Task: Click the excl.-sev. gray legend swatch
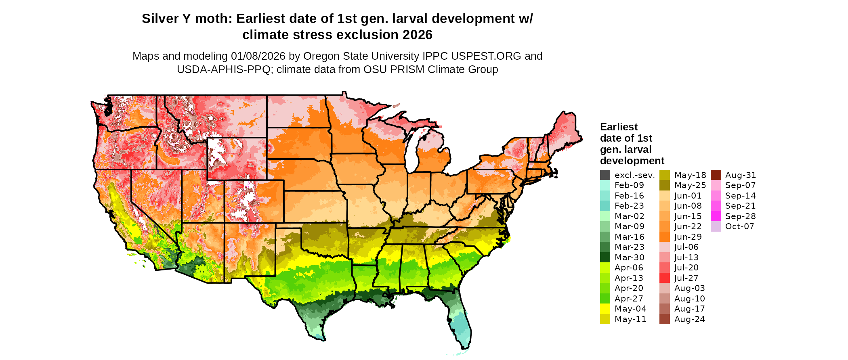tap(605, 175)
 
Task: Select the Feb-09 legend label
tap(629, 185)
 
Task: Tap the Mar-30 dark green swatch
tap(605, 257)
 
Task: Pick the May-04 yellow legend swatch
tap(605, 309)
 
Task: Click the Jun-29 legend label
tap(688, 237)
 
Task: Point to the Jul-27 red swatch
tap(665, 278)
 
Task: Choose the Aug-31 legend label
tap(741, 175)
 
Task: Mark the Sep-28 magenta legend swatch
tap(716, 216)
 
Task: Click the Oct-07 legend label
tap(740, 226)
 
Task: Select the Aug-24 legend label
tap(689, 319)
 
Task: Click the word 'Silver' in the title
tap(160, 19)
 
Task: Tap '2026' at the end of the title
tap(417, 35)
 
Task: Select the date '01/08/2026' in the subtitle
tap(258, 56)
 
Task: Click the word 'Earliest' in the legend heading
tap(619, 127)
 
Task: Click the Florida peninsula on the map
tap(460, 323)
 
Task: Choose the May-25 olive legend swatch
tap(665, 185)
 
